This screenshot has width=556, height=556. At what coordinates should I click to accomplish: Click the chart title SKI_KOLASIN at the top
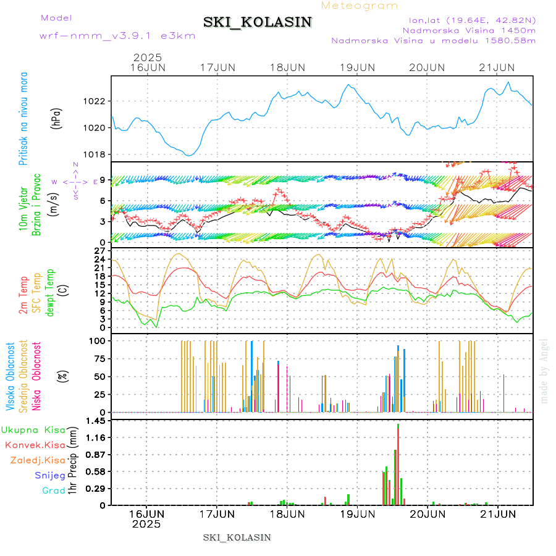(x=258, y=22)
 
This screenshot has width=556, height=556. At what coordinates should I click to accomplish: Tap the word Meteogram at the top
(x=360, y=6)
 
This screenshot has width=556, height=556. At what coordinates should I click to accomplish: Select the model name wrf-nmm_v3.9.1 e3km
(x=117, y=35)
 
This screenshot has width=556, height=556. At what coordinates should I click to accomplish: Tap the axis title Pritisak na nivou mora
(x=24, y=118)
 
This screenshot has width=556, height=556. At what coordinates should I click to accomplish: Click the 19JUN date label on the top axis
(x=357, y=67)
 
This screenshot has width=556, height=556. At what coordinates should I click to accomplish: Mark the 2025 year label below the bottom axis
(x=146, y=524)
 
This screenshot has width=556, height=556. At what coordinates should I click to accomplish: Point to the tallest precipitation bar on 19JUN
(x=398, y=463)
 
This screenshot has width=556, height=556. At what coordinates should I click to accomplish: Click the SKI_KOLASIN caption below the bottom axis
(x=237, y=537)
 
